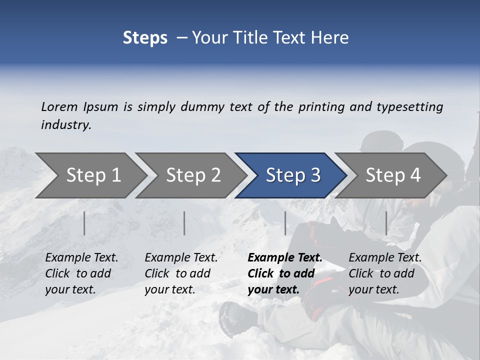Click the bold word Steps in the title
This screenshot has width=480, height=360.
click(x=145, y=38)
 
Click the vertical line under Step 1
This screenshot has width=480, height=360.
click(x=84, y=223)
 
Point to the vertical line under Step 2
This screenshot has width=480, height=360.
click(x=184, y=223)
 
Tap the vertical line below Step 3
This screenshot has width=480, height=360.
click(x=285, y=223)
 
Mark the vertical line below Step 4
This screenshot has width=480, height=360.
click(x=386, y=223)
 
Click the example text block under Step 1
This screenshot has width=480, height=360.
click(x=81, y=273)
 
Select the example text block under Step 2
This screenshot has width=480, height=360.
click(x=181, y=273)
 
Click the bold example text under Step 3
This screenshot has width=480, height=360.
click(x=285, y=273)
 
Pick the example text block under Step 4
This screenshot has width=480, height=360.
click(x=385, y=273)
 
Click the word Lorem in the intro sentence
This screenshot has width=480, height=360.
click(x=59, y=107)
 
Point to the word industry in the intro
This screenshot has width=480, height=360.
click(x=66, y=125)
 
